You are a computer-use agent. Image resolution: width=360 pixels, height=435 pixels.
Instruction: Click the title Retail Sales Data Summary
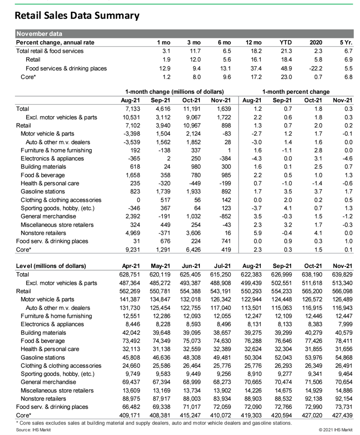click(x=77, y=16)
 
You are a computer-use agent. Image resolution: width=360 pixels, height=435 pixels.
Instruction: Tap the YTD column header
click(x=285, y=42)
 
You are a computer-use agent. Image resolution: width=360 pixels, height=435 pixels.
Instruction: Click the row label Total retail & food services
click(x=50, y=51)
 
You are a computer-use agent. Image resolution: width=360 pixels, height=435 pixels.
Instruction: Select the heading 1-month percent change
click(x=296, y=92)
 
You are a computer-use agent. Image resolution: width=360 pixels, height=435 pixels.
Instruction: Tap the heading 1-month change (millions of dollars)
click(x=174, y=92)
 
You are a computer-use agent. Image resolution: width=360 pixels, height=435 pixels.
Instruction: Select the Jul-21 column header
click(x=222, y=266)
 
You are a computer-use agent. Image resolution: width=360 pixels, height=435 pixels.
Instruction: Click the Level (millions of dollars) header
click(x=51, y=266)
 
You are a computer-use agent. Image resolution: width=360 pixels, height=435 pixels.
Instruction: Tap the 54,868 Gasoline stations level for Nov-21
click(x=343, y=357)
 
